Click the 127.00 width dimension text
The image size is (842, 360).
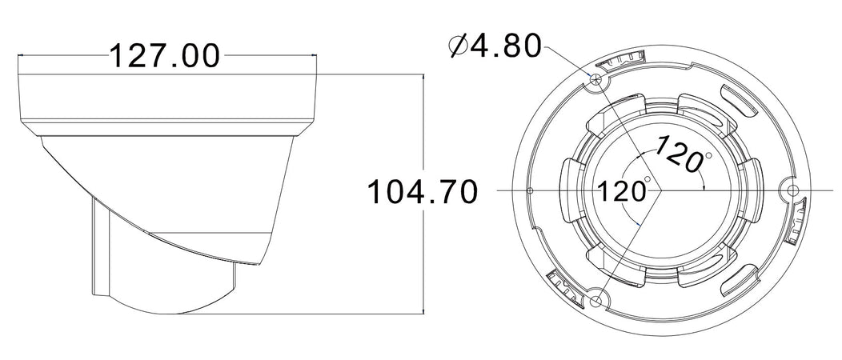[x=165, y=57]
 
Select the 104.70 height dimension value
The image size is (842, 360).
[x=422, y=192]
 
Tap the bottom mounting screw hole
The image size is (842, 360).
[x=597, y=302]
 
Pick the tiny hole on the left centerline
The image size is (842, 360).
[x=531, y=190]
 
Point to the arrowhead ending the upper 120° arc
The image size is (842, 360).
[x=703, y=186]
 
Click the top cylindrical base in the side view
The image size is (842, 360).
[x=168, y=100]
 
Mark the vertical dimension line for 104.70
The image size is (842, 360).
[x=423, y=240]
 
